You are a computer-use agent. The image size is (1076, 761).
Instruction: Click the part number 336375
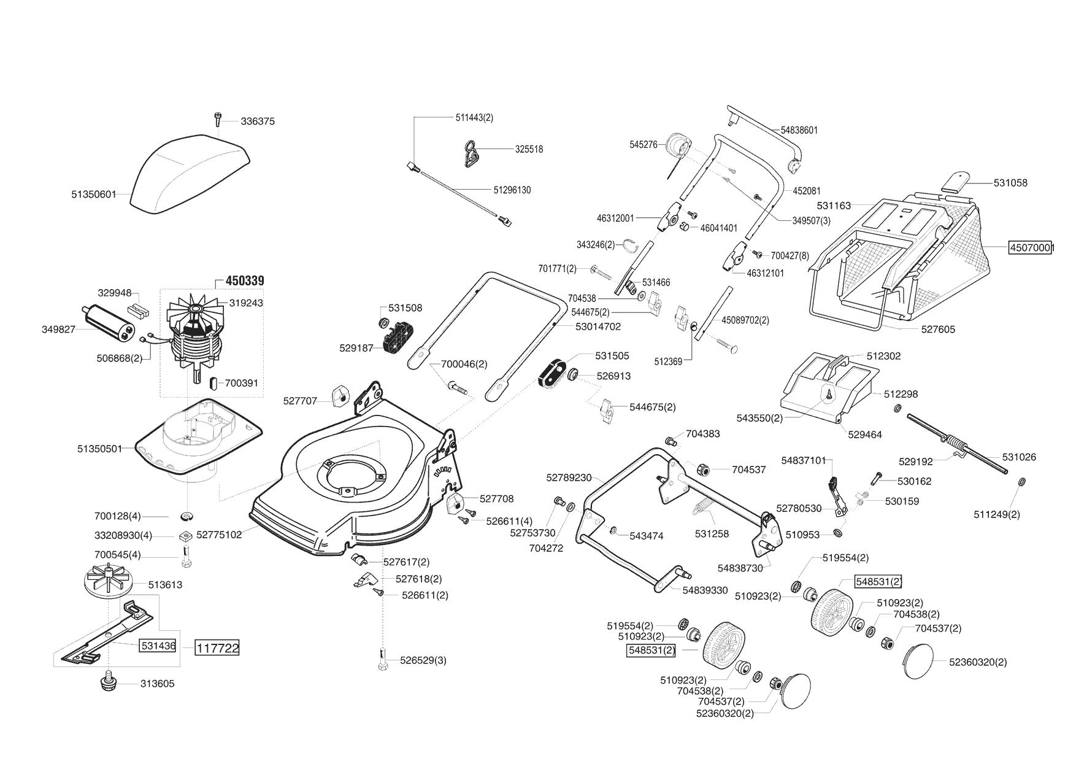pyautogui.click(x=258, y=122)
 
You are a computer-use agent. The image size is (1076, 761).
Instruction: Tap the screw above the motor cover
pyautogui.click(x=217, y=118)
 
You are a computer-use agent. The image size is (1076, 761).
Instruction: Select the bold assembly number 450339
pyautogui.click(x=245, y=281)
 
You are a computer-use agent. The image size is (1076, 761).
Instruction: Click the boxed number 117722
pyautogui.click(x=217, y=647)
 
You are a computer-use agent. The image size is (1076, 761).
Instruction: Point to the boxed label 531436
pyautogui.click(x=158, y=646)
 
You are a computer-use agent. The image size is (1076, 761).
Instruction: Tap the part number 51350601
pyautogui.click(x=94, y=195)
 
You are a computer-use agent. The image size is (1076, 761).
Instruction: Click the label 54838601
pyautogui.click(x=799, y=130)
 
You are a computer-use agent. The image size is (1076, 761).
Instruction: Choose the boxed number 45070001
pyautogui.click(x=1031, y=248)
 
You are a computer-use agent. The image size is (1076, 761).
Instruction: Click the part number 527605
pyautogui.click(x=938, y=330)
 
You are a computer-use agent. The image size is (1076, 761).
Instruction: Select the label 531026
pyautogui.click(x=1019, y=457)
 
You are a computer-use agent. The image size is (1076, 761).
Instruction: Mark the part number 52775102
pyautogui.click(x=219, y=535)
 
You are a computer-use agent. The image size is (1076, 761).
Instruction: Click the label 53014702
pyautogui.click(x=598, y=326)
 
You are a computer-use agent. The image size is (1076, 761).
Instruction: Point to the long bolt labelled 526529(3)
pyautogui.click(x=383, y=659)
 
